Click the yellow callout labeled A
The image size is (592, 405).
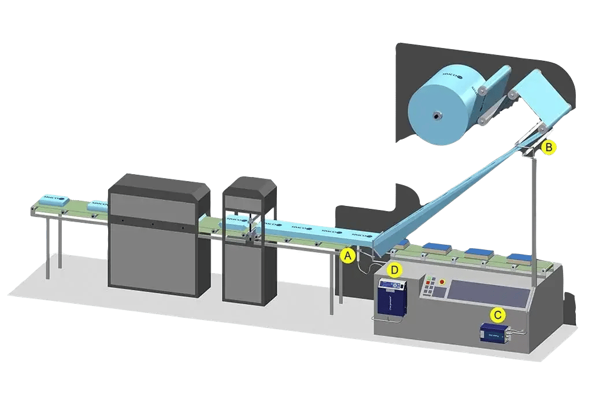(x=347, y=255)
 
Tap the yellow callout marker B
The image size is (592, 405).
(x=549, y=148)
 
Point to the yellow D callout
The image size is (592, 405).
(x=394, y=270)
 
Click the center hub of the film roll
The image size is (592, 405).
(x=434, y=115)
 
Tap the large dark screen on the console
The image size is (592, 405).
(x=488, y=293)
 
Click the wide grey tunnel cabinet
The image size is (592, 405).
(x=159, y=234)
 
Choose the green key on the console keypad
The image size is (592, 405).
(x=428, y=278)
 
